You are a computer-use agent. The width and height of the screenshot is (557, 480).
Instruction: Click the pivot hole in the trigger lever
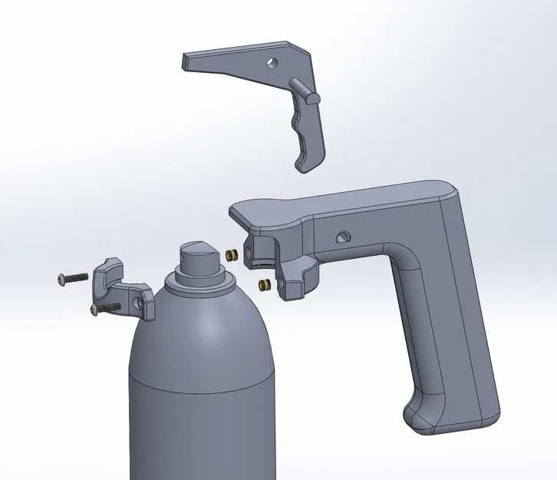tap(271, 63)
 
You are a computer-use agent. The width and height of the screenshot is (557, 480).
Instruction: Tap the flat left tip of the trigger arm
tap(186, 61)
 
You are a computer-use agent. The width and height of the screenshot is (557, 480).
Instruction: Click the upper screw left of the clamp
tap(73, 278)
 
